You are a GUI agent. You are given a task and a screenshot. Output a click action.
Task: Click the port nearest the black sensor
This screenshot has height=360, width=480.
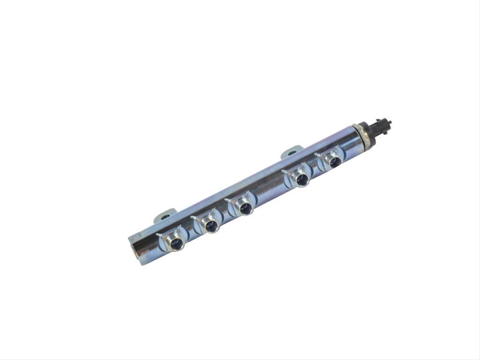pos(335,162)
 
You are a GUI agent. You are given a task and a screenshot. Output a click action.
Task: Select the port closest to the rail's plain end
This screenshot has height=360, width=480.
pos(176,243)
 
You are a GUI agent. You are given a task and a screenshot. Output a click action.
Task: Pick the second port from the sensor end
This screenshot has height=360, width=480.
pos(301,178)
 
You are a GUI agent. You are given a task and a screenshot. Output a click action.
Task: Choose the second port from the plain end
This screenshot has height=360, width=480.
pos(211,226)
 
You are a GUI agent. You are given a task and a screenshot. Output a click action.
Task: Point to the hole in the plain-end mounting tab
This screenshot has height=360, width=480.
pos(165,216)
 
